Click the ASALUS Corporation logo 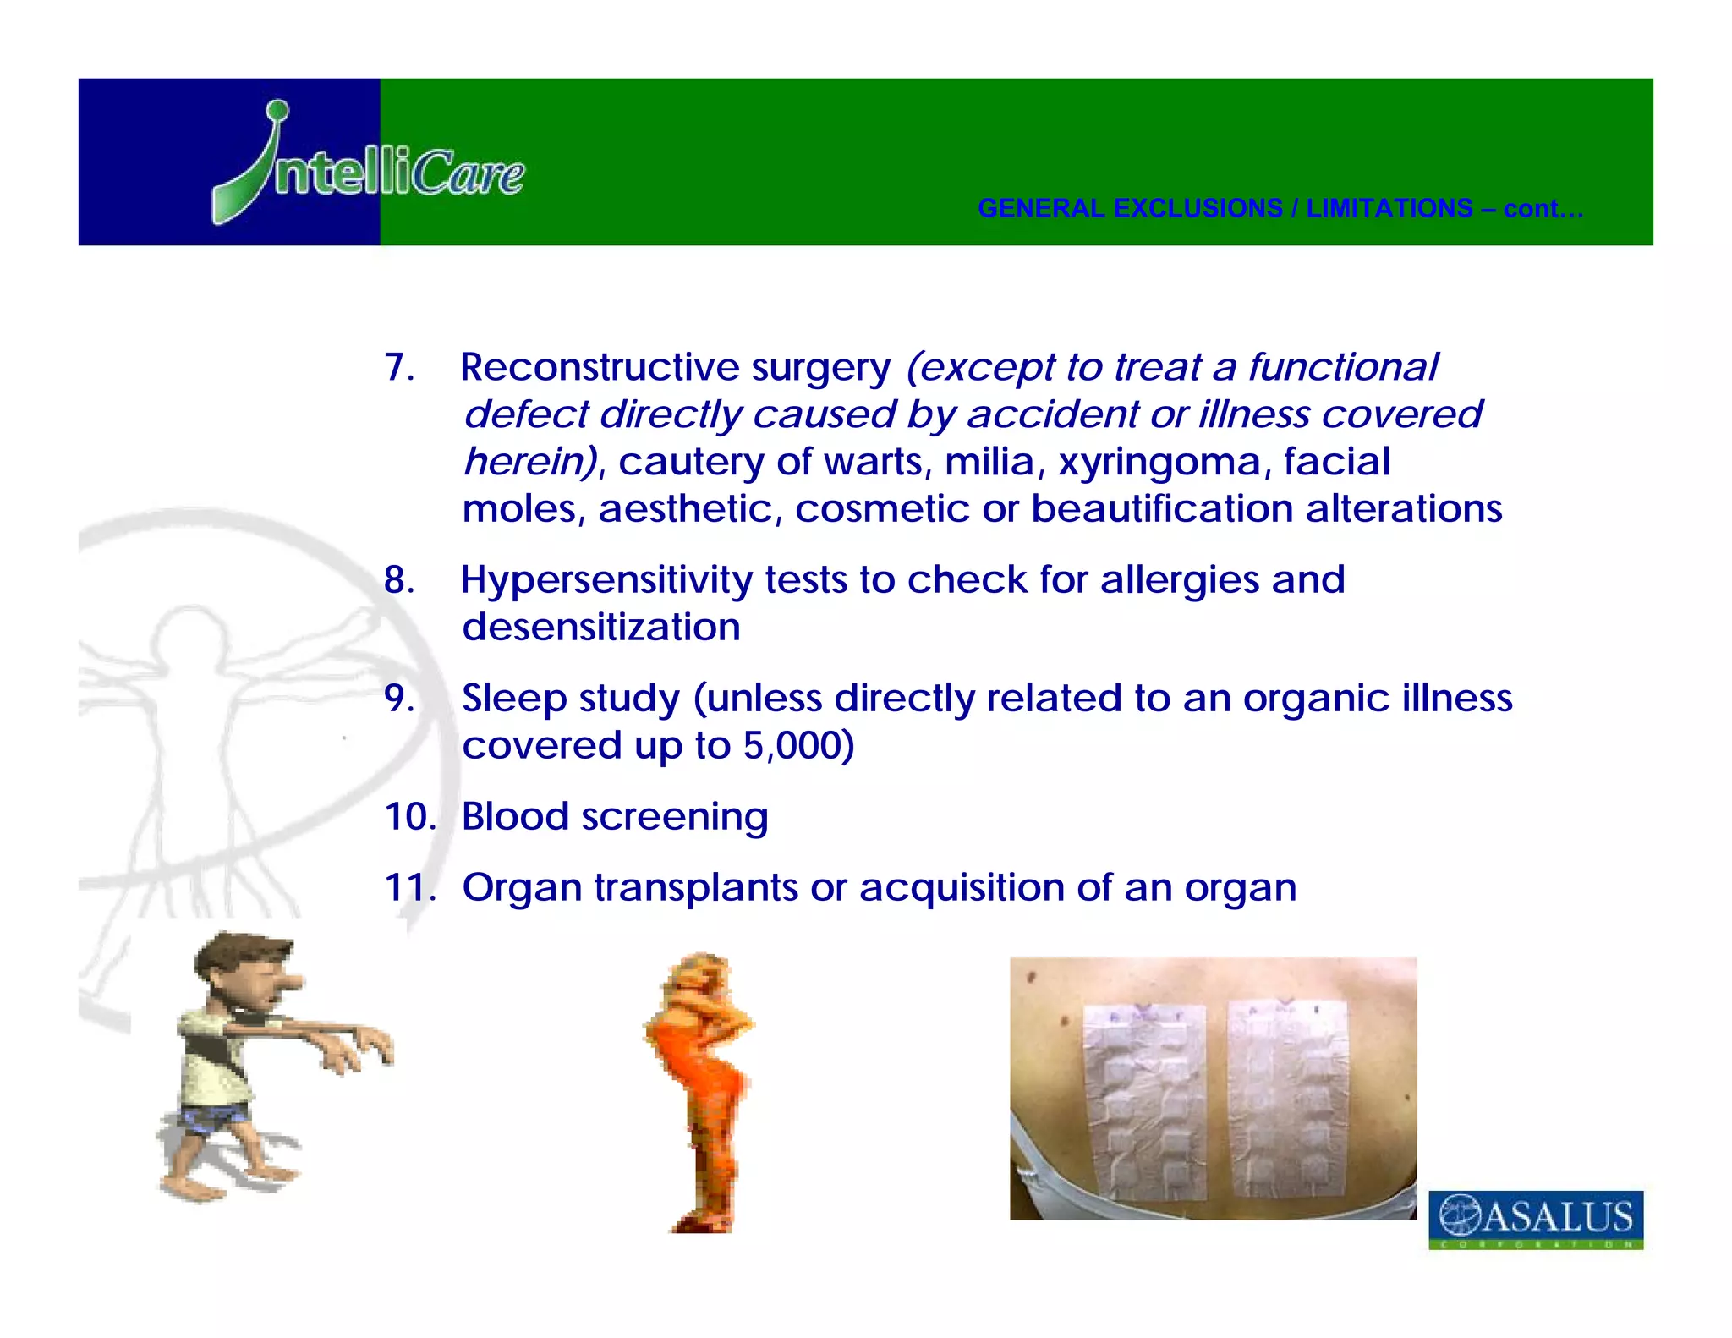pos(1535,1219)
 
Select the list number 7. pos(398,368)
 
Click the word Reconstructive pos(600,368)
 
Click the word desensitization pos(600,628)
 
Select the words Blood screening pos(614,817)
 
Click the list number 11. pos(409,888)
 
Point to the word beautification pos(1162,509)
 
